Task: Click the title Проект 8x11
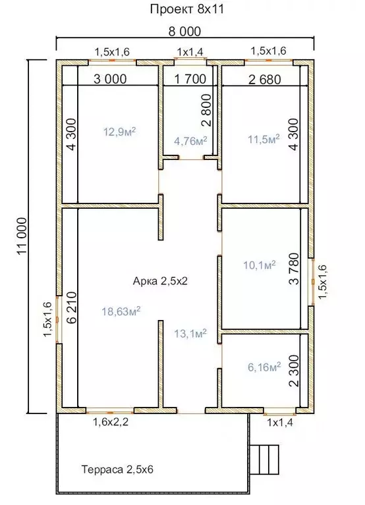coord(187,9)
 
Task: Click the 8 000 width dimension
coord(184,31)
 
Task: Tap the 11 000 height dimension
coord(22,236)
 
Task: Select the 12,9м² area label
coord(119,132)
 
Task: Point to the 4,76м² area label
coord(190,141)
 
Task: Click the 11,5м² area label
coord(264,139)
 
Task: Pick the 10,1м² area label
coord(260,265)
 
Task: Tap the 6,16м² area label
coord(264,367)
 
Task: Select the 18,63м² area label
coord(121,311)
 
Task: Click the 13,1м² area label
coord(190,334)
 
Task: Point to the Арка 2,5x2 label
coord(160,281)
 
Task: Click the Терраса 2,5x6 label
coord(117,469)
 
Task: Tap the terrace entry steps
coord(264,460)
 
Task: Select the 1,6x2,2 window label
coord(111,421)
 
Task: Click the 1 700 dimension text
coord(190,79)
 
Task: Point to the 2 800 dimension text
coord(206,110)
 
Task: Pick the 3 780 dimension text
coord(294,269)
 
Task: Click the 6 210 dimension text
coord(72,307)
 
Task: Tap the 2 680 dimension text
coord(265,79)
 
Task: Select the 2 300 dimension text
coord(294,371)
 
